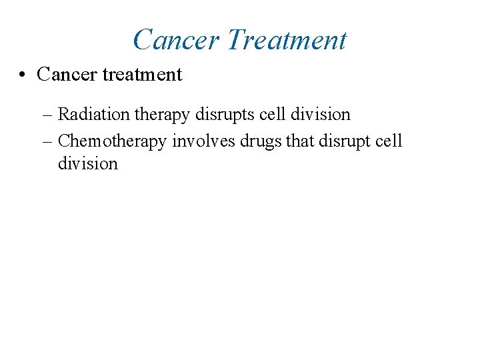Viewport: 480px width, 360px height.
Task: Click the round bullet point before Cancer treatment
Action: click(23, 75)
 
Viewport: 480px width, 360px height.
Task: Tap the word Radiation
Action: click(94, 115)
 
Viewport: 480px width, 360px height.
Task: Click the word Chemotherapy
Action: click(113, 141)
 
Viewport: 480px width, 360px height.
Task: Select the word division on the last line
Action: click(88, 163)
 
